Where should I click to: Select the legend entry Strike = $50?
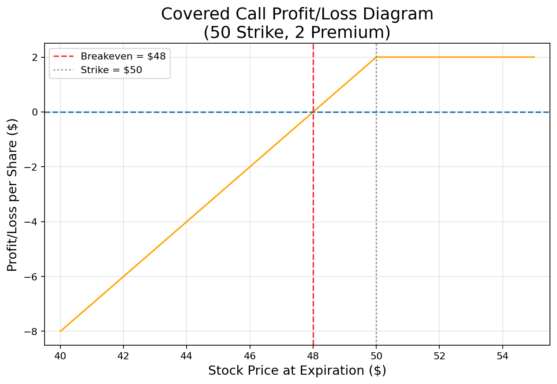pos(111,70)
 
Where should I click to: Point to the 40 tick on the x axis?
pos(60,356)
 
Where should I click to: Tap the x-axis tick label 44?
pos(187,356)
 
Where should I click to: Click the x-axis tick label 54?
pos(502,356)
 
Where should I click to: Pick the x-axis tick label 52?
pos(439,356)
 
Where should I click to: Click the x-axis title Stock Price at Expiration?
pos(297,371)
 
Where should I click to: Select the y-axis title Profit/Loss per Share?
pos(13,194)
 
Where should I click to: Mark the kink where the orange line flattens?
pos(376,57)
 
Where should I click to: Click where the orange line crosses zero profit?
pos(313,112)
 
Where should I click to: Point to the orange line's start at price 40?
pos(60,331)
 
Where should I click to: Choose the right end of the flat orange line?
pos(534,57)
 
